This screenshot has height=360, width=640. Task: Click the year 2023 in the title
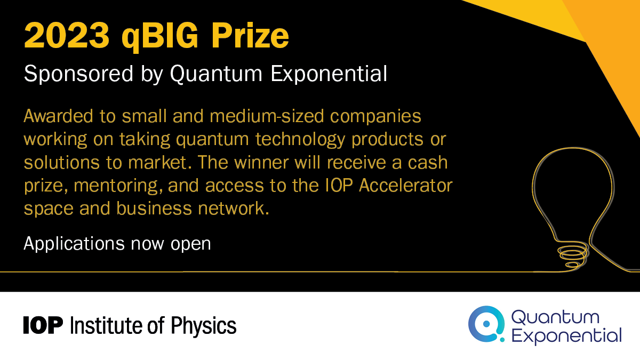(x=67, y=36)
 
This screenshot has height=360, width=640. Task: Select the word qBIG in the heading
(x=160, y=38)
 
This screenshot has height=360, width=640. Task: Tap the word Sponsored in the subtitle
(x=78, y=74)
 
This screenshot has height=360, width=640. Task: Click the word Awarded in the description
(x=59, y=116)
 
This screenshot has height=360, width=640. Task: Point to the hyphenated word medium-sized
(x=267, y=116)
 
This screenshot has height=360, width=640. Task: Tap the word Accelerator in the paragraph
(x=406, y=186)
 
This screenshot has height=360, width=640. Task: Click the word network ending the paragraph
(x=234, y=208)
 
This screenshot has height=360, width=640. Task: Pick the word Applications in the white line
(x=74, y=244)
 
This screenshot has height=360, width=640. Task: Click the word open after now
(x=190, y=245)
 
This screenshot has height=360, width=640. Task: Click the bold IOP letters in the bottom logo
(x=43, y=325)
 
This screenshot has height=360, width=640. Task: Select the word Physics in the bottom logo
(x=204, y=326)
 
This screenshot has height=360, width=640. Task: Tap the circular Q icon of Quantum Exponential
(x=486, y=324)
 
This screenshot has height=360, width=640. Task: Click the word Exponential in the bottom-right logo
(x=566, y=335)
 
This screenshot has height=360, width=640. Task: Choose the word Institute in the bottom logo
(x=106, y=325)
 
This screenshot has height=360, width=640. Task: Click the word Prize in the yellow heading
(x=250, y=36)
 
